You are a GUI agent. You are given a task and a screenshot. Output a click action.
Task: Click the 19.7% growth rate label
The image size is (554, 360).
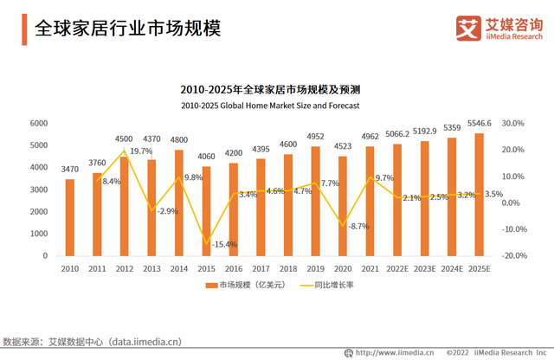141,151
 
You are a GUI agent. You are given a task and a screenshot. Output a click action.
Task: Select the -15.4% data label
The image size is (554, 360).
224,245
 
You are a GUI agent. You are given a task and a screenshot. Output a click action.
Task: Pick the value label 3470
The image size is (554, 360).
71,170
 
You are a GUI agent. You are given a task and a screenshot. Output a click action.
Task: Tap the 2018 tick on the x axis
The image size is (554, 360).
289,268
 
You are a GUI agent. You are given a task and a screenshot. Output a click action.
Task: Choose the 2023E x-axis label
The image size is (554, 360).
424,268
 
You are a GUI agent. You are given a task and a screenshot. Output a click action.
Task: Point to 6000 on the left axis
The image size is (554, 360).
38,124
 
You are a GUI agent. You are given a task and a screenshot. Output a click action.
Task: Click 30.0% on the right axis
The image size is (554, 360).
514,124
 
